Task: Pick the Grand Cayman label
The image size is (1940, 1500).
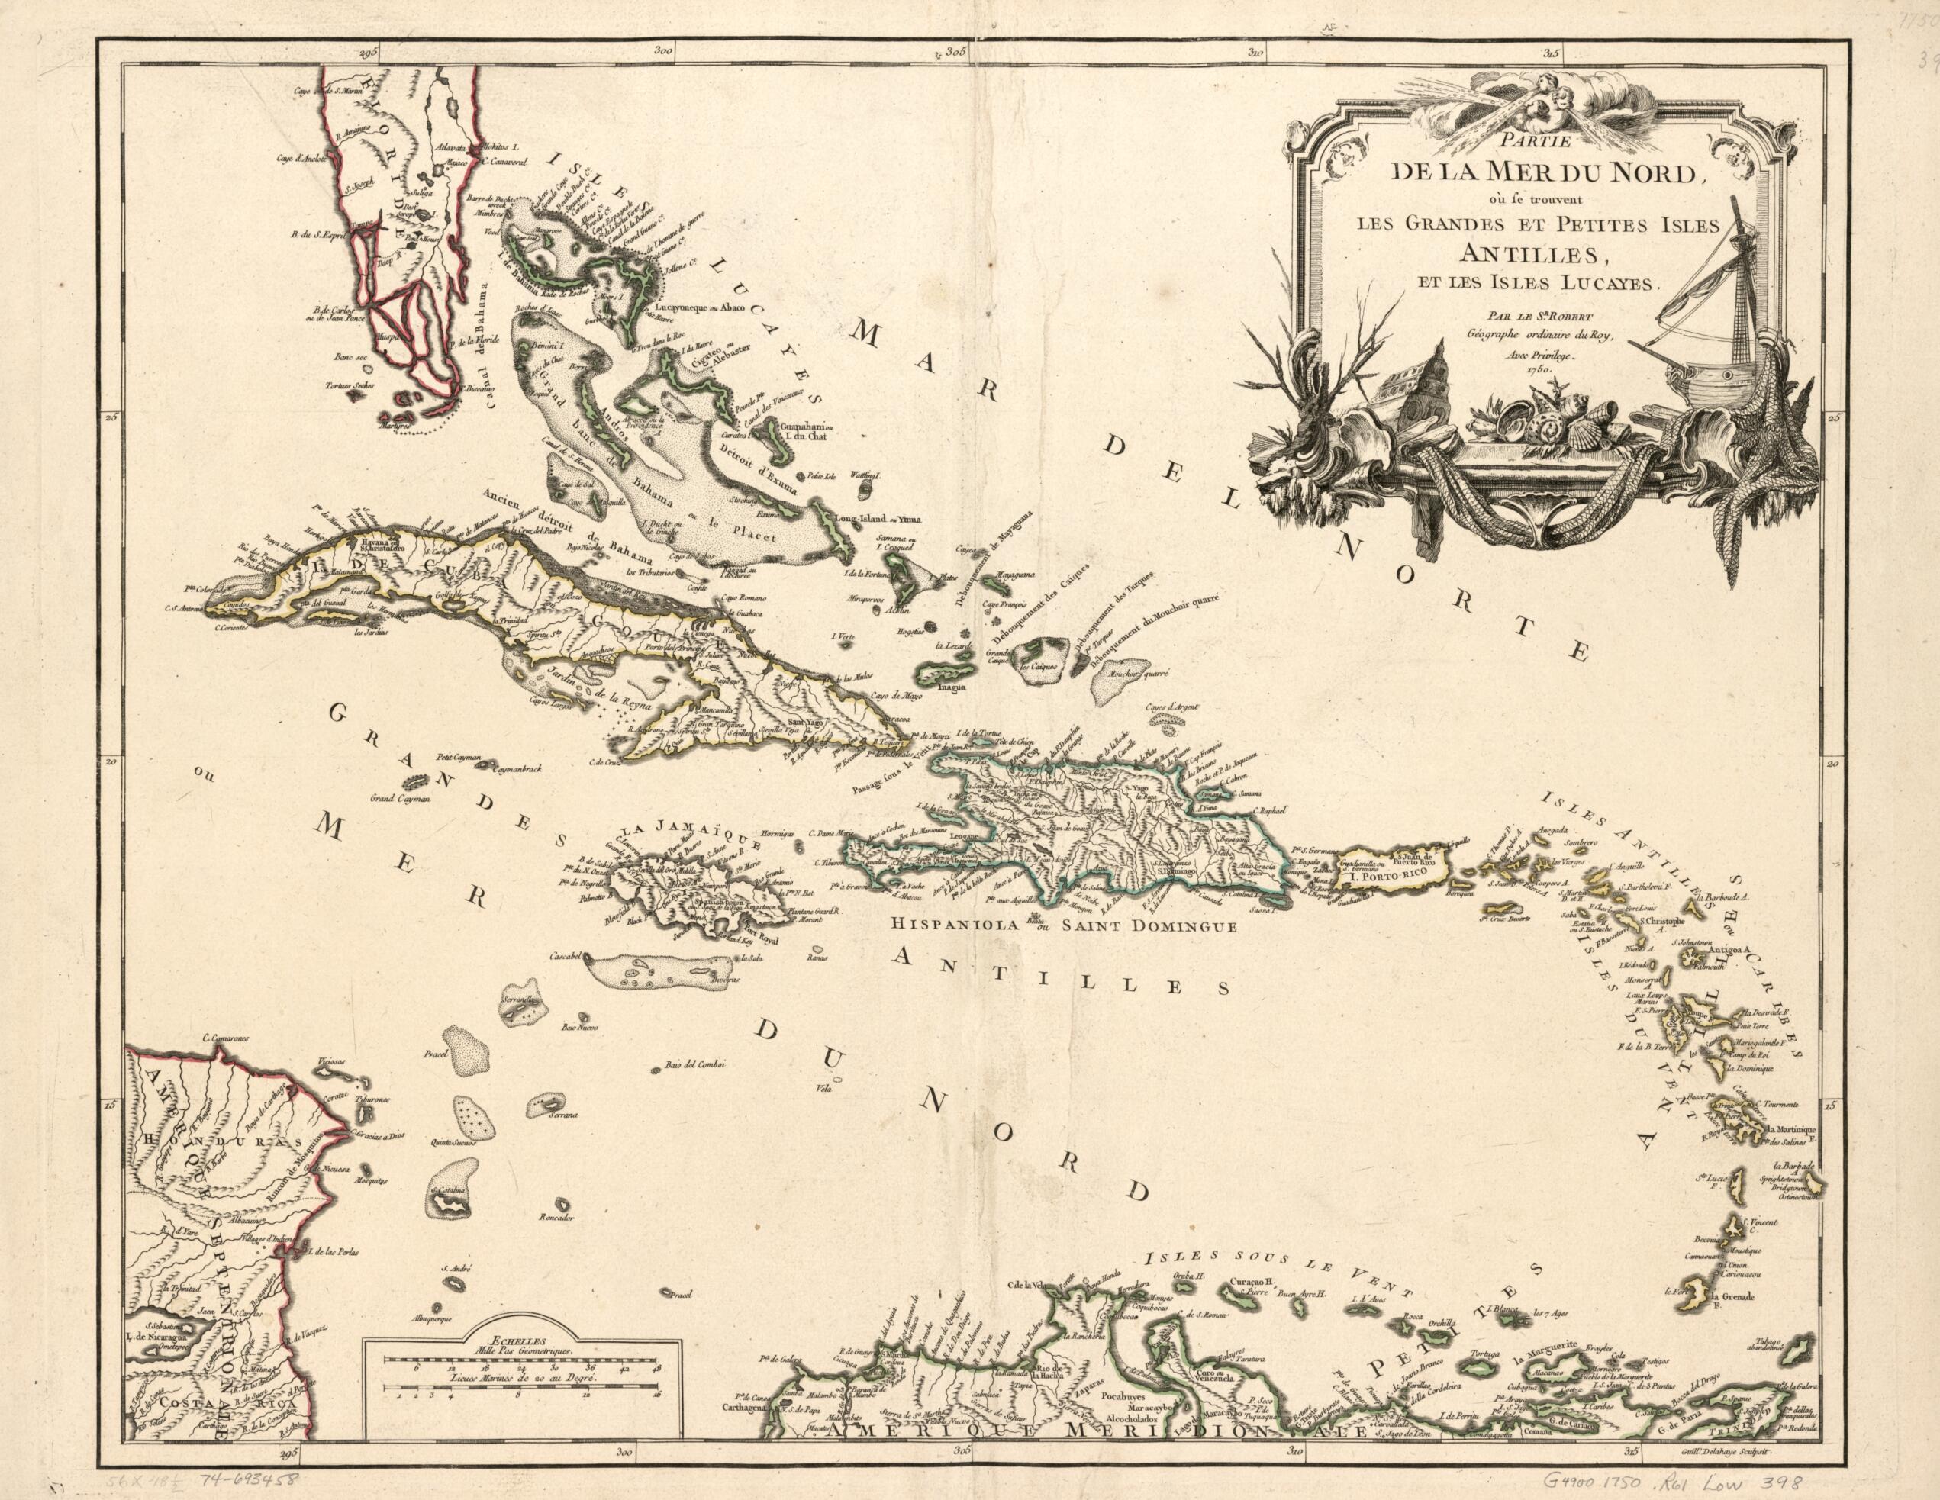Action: pyautogui.click(x=401, y=797)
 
